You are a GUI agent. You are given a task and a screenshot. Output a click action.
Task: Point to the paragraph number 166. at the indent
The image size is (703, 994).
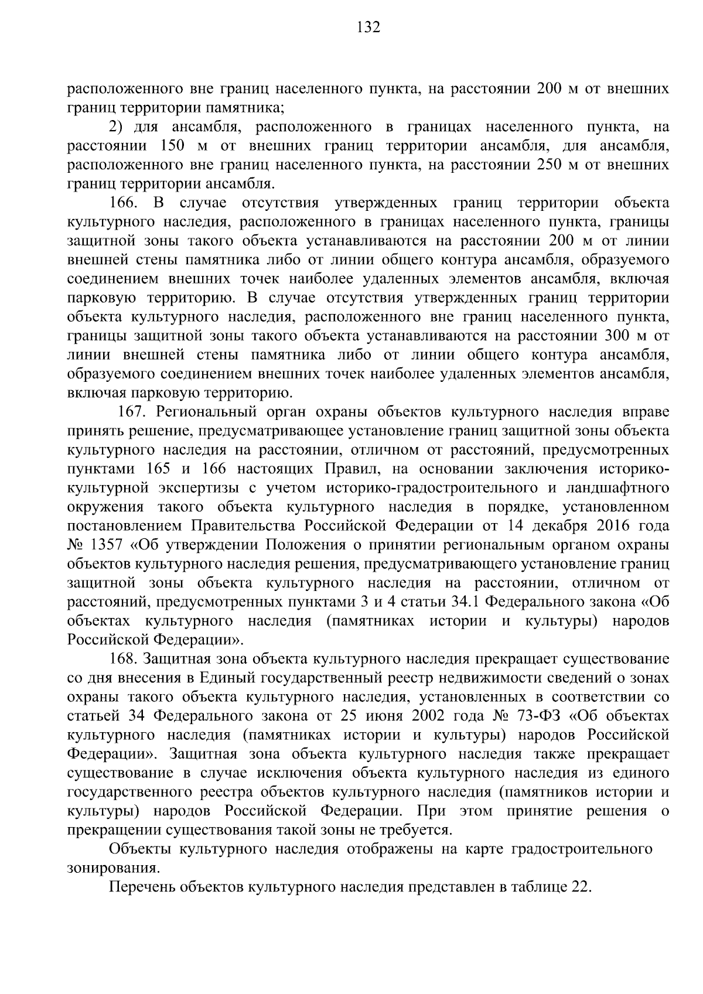click(x=124, y=203)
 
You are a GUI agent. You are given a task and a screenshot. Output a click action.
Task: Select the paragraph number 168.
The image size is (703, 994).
click(x=124, y=659)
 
